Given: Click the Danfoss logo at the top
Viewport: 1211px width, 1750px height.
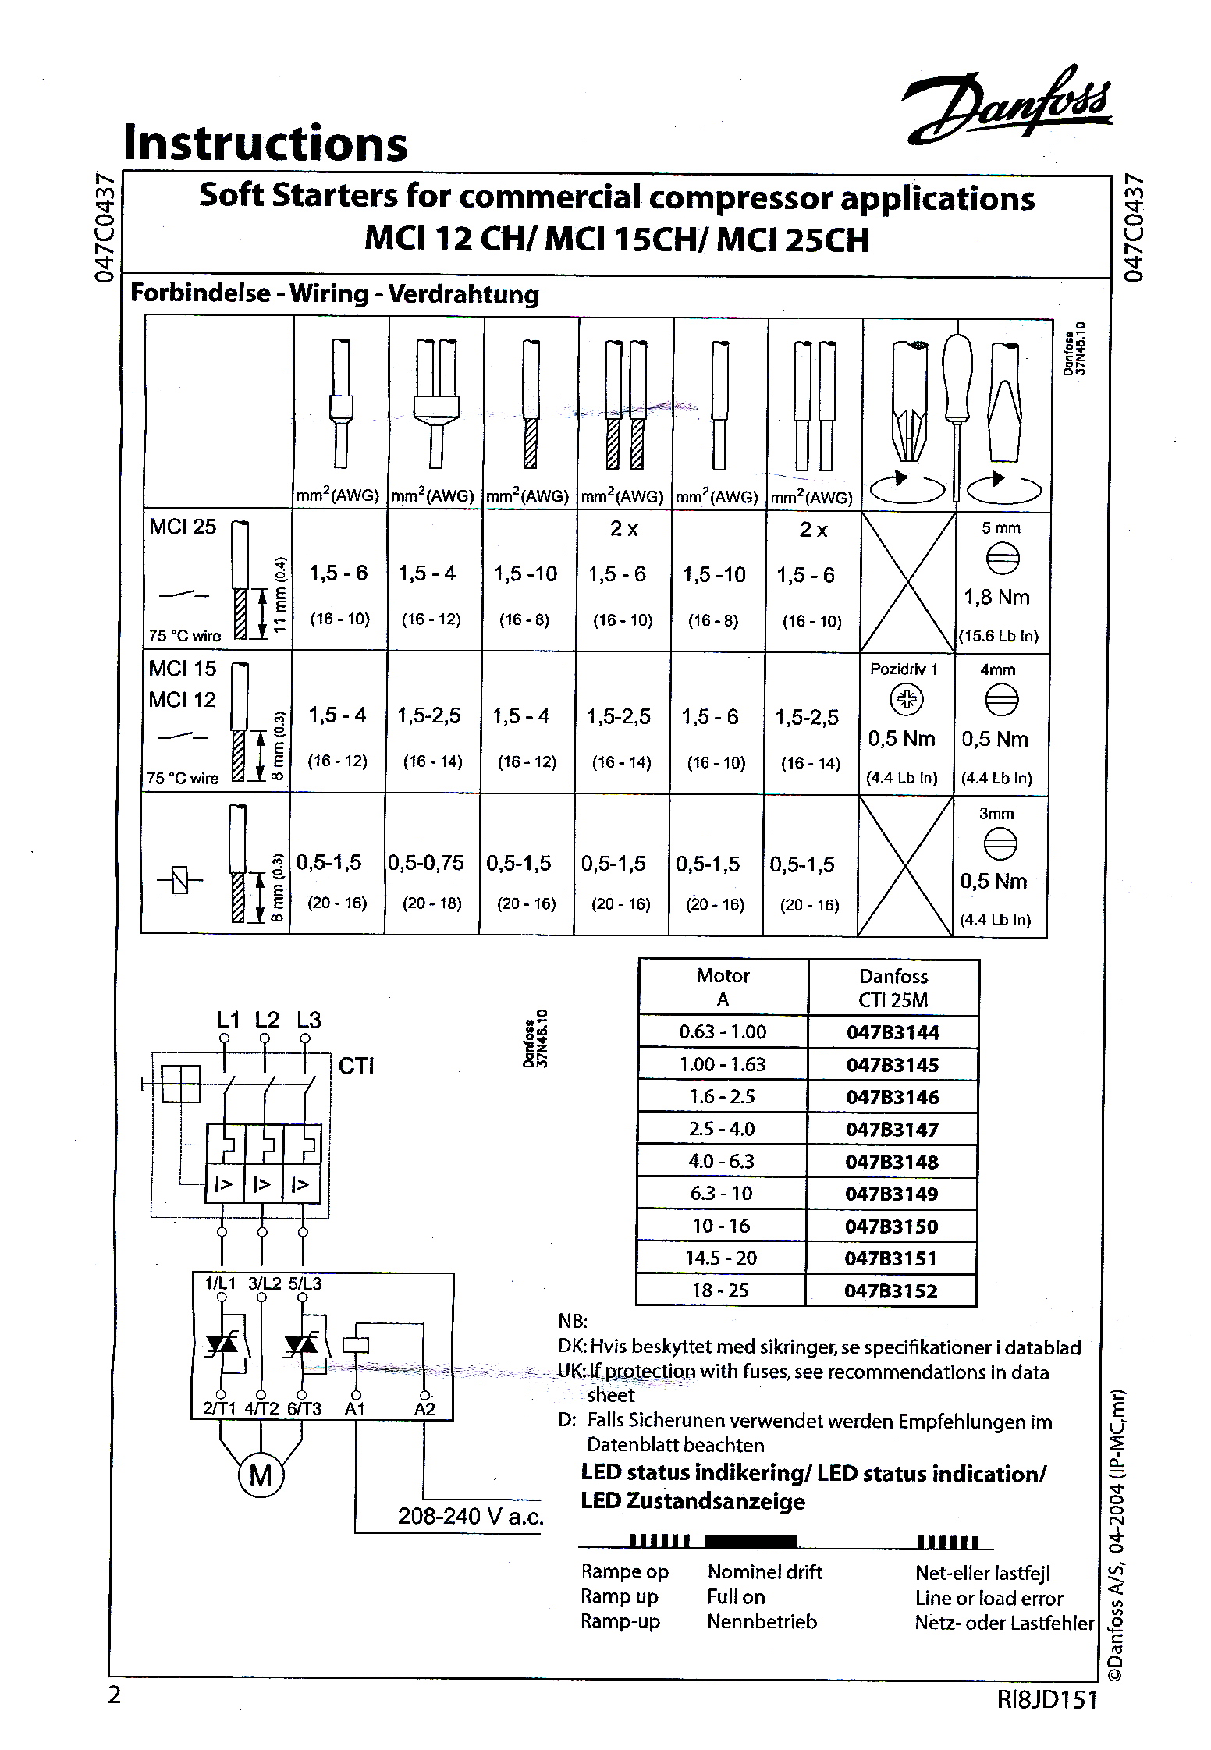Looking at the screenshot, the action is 1007,106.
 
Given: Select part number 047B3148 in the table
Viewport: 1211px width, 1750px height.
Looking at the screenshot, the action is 892,1162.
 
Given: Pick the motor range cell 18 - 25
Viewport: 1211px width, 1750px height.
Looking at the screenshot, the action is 720,1290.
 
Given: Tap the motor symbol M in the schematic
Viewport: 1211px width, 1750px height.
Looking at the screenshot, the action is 261,1475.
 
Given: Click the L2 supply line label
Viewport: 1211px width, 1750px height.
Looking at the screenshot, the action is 266,1020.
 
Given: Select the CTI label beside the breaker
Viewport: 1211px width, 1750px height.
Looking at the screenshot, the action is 357,1066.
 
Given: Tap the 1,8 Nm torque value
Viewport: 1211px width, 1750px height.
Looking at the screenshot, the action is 996,598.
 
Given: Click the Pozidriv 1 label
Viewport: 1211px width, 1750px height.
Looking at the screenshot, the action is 904,669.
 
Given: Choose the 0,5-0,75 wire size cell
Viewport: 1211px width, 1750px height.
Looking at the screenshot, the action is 426,863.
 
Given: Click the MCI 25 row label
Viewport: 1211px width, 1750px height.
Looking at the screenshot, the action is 183,527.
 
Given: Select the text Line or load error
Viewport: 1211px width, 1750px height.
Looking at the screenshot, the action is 989,1599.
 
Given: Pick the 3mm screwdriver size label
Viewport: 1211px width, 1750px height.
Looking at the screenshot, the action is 996,814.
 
